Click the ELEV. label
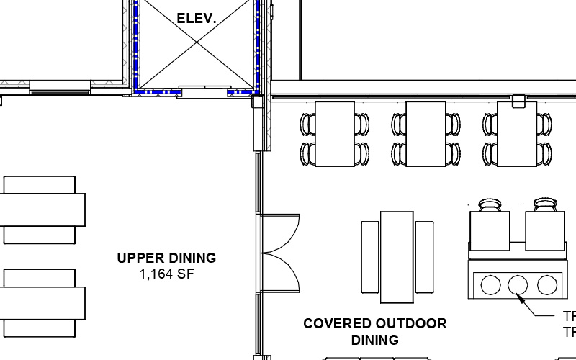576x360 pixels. click(197, 19)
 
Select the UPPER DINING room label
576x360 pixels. click(166, 258)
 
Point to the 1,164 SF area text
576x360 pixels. click(166, 274)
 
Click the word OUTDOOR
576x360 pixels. click(413, 324)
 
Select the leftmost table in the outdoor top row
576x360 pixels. click(335, 134)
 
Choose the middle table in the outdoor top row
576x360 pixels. click(426, 134)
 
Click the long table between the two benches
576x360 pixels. click(397, 257)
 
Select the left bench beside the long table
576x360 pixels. click(369, 257)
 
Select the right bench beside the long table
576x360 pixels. click(424, 257)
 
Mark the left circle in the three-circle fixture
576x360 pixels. click(490, 285)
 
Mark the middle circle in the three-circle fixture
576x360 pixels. click(518, 285)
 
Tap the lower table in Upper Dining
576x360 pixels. click(40, 302)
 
